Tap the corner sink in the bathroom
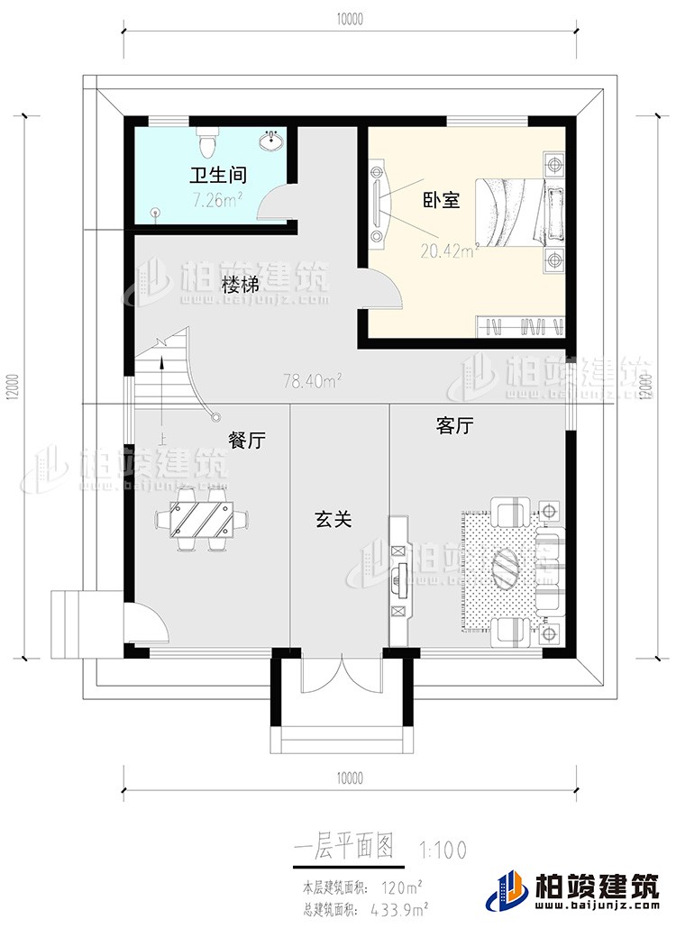tap(271, 142)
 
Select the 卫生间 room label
tap(217, 174)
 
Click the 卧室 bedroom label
tap(442, 200)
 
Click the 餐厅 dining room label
tap(246, 441)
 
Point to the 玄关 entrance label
tap(333, 520)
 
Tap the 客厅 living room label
tap(454, 426)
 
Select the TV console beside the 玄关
tap(398, 580)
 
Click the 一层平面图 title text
tap(344, 846)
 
